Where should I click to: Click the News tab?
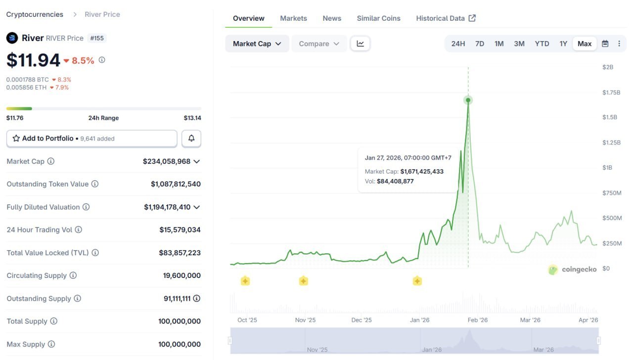332,18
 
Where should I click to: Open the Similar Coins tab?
378,18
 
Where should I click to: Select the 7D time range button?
480,44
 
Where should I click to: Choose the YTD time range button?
542,44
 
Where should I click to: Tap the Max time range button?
585,44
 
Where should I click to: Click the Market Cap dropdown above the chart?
257,44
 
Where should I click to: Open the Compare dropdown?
319,44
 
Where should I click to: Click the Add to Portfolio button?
91,138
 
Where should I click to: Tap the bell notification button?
191,138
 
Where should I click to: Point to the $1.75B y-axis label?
611,92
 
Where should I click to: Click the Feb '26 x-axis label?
478,320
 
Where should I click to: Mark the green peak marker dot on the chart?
468,100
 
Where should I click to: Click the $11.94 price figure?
33,60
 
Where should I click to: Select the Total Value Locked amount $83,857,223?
180,253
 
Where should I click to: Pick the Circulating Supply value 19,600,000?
181,275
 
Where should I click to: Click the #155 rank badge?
97,38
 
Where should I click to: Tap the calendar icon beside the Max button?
605,44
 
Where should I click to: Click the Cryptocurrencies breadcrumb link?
35,14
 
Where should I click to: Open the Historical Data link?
445,18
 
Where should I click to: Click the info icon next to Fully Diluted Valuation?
86,207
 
